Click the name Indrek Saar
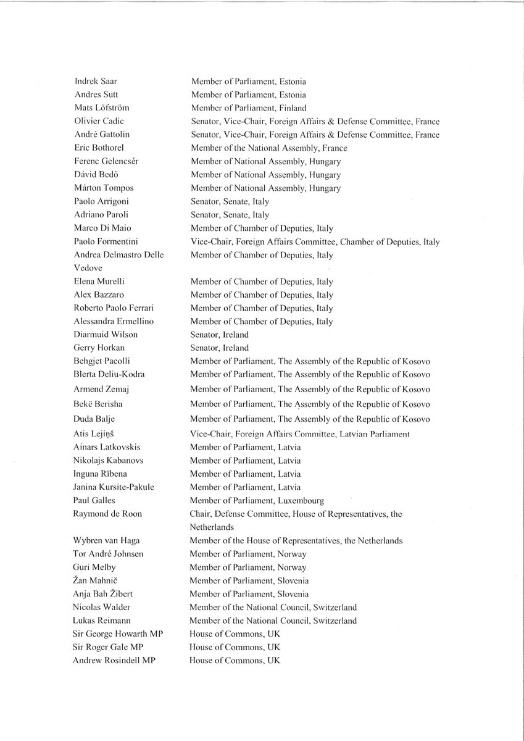coord(91,82)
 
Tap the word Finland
coord(293,108)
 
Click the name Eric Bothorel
coord(98,148)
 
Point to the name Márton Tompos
coord(103,188)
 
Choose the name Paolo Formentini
coord(104,241)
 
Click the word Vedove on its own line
coord(88,268)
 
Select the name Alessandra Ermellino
coord(113,322)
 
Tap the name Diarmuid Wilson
coord(105,335)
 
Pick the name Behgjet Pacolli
coord(101,361)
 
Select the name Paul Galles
coord(94,500)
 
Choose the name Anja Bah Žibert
coord(102,593)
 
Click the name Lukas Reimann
coord(101,621)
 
